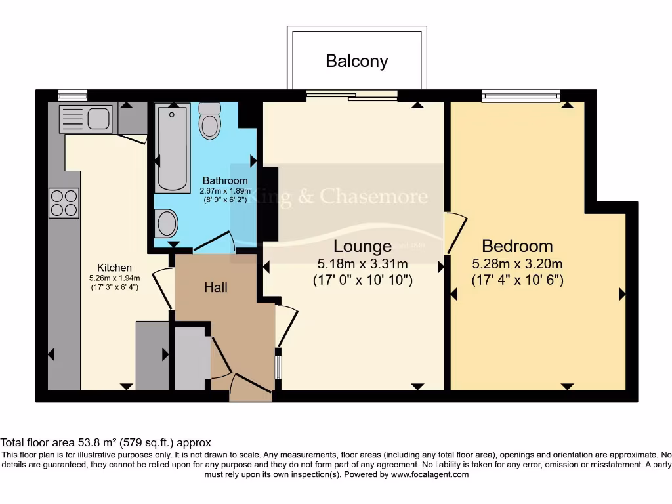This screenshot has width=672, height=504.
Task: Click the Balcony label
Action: point(357,61)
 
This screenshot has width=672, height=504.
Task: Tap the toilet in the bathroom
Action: point(209,121)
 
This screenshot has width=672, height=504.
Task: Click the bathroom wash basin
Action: point(167,224)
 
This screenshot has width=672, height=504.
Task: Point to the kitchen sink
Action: point(85,119)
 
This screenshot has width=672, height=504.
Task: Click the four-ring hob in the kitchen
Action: point(64,202)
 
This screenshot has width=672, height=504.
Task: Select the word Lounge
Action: point(362,246)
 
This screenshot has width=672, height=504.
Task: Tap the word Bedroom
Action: point(517,246)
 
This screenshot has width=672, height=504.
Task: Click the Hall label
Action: point(215,287)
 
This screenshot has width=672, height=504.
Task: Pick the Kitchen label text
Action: point(114,268)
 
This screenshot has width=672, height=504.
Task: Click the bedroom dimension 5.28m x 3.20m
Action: point(517,264)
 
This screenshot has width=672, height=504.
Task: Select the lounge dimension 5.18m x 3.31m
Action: point(362,264)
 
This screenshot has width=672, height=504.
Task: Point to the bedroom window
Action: point(521,96)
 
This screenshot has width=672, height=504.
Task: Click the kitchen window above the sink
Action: point(72,94)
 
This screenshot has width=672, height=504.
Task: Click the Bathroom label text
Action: point(225,180)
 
